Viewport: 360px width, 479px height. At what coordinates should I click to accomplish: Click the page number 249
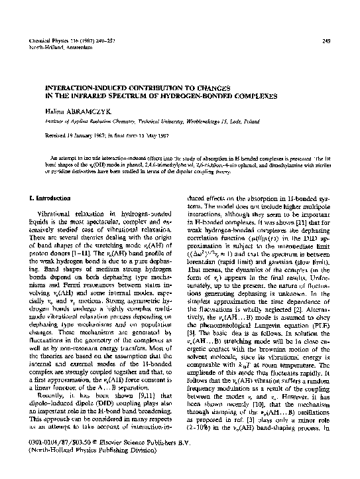coord(326,40)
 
